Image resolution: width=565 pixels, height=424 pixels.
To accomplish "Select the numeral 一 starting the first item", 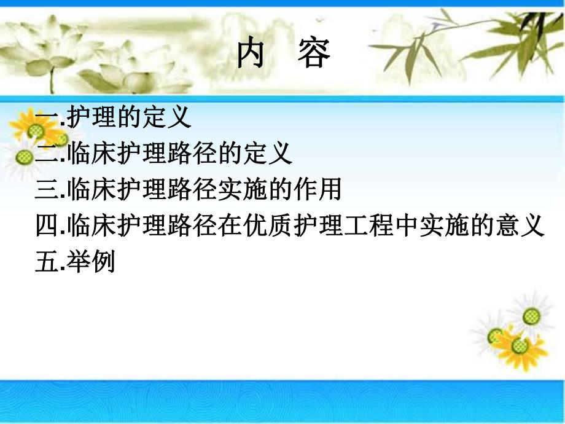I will pyautogui.click(x=48, y=117).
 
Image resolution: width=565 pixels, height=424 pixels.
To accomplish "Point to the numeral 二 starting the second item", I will pyautogui.click(x=48, y=154).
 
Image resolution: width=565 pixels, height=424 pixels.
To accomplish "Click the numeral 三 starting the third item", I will pyautogui.click(x=48, y=190).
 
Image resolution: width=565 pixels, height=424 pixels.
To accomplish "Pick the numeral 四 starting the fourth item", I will pyautogui.click(x=48, y=227).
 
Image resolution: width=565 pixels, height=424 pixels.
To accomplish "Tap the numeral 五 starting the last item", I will pyautogui.click(x=48, y=263).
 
